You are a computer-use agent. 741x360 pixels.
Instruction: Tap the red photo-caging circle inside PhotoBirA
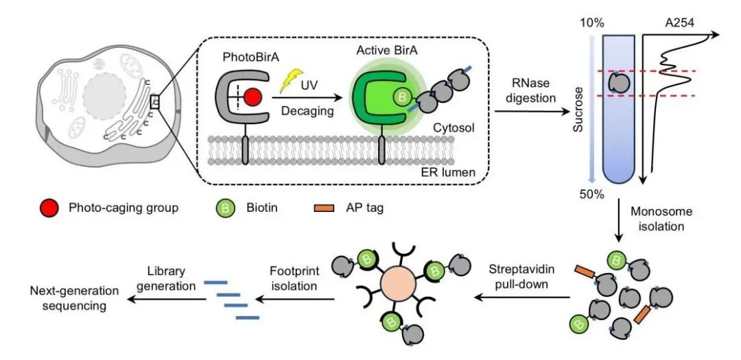click(253, 99)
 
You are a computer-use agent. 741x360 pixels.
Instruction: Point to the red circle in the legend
click(50, 207)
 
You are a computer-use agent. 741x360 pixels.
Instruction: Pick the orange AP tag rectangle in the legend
click(323, 208)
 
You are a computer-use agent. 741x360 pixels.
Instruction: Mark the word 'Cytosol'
click(455, 128)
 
